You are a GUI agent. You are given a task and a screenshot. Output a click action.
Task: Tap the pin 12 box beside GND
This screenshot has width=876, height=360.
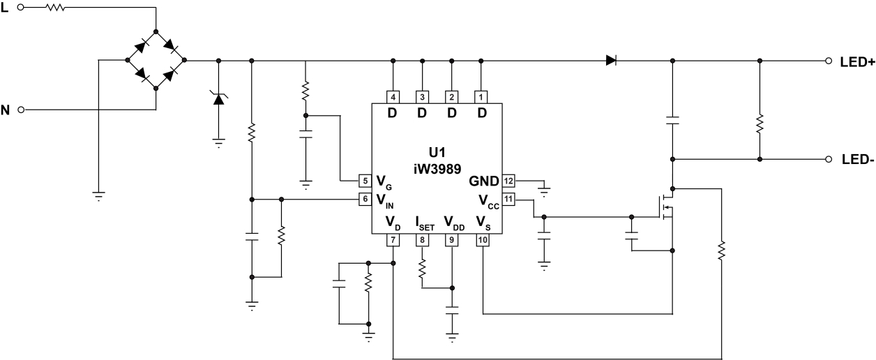point(508,181)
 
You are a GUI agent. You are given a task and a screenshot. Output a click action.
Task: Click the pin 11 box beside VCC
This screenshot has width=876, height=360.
point(508,200)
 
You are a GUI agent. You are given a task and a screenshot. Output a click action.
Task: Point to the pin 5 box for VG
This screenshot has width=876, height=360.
point(364,181)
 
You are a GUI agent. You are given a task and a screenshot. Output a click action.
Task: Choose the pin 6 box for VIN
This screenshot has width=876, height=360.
point(364,200)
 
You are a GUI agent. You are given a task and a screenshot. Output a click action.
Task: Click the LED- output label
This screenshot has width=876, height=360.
point(857,159)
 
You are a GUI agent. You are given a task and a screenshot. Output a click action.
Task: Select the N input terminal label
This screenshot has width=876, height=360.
point(6,110)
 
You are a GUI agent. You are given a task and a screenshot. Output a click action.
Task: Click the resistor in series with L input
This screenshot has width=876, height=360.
point(54,8)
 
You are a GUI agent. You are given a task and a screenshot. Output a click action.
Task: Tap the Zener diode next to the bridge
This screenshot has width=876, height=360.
point(219,98)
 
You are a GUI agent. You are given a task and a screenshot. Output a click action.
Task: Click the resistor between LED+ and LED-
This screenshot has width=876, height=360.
point(760,124)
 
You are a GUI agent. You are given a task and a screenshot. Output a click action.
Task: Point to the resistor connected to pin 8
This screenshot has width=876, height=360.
point(421,271)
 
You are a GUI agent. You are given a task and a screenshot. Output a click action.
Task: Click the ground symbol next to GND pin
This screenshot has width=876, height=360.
point(545,188)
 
